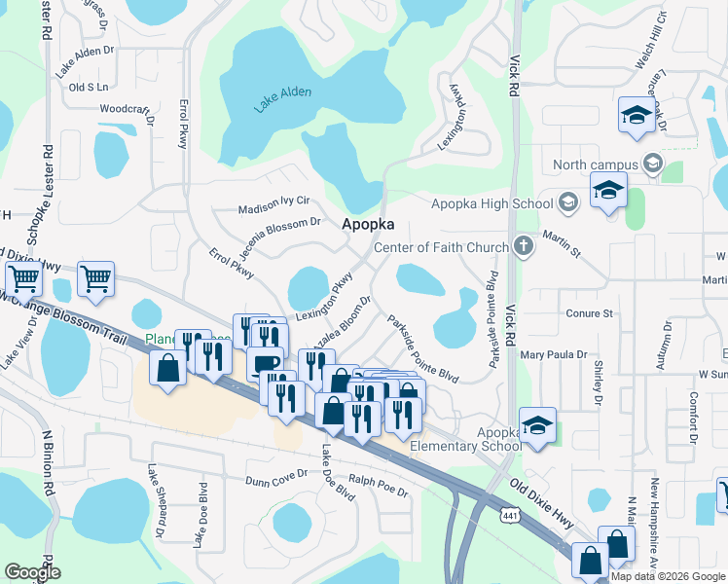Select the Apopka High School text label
[491, 203]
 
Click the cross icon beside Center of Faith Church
[524, 246]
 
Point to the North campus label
[596, 164]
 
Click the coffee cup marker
[265, 362]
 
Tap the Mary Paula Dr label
[554, 355]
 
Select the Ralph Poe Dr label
[379, 487]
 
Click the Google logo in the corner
[32, 572]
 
